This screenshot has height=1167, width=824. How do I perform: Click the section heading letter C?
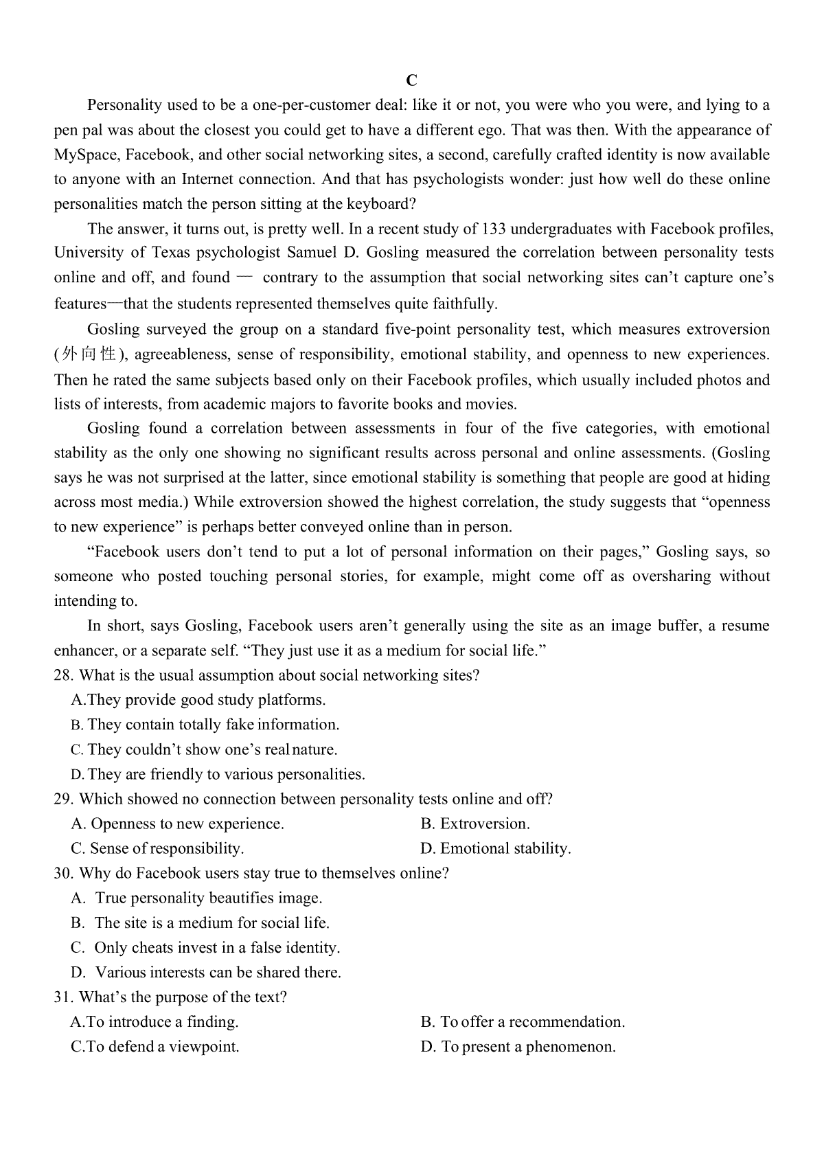point(411,80)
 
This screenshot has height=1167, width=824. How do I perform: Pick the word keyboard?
point(378,204)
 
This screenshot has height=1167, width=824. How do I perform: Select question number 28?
point(63,675)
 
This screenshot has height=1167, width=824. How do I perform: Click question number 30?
point(63,873)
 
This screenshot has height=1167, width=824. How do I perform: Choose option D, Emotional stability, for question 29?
point(495,848)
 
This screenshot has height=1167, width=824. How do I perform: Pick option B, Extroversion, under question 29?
point(475,824)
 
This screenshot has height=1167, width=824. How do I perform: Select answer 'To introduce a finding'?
point(155,1021)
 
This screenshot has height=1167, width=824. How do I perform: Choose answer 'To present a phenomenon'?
point(518,1047)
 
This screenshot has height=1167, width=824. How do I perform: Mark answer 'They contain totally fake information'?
point(205,725)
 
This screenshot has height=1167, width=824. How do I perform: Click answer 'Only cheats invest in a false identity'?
point(205,947)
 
